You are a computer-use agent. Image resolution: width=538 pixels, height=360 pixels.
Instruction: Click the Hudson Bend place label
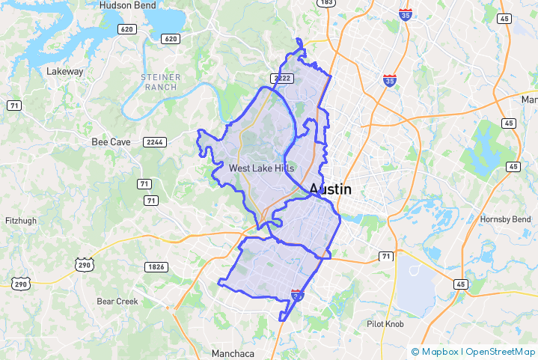(x=129, y=5)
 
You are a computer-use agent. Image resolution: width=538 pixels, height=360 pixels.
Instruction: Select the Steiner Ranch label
(x=159, y=82)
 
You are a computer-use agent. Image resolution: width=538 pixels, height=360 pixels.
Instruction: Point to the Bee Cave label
(x=111, y=141)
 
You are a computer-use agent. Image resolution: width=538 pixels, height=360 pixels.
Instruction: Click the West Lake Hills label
(x=262, y=168)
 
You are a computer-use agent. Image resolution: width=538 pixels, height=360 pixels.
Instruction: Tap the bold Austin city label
(x=330, y=189)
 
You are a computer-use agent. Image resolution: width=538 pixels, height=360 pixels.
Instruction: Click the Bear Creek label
(x=117, y=302)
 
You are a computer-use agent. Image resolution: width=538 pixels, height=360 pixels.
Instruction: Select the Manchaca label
(x=233, y=353)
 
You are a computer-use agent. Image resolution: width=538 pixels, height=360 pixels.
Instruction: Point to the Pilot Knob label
(x=386, y=323)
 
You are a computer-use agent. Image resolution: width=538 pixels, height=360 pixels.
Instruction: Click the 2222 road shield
(x=281, y=78)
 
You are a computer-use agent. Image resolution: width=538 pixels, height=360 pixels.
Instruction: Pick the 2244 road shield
(x=156, y=141)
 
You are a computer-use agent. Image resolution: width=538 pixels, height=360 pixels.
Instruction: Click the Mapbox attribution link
(x=438, y=351)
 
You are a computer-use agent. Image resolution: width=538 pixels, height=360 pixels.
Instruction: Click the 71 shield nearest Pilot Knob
(x=385, y=257)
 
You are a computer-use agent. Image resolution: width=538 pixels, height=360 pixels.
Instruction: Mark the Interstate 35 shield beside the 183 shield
(x=405, y=15)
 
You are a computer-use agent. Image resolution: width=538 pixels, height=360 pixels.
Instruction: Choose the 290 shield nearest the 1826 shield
(x=84, y=264)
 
